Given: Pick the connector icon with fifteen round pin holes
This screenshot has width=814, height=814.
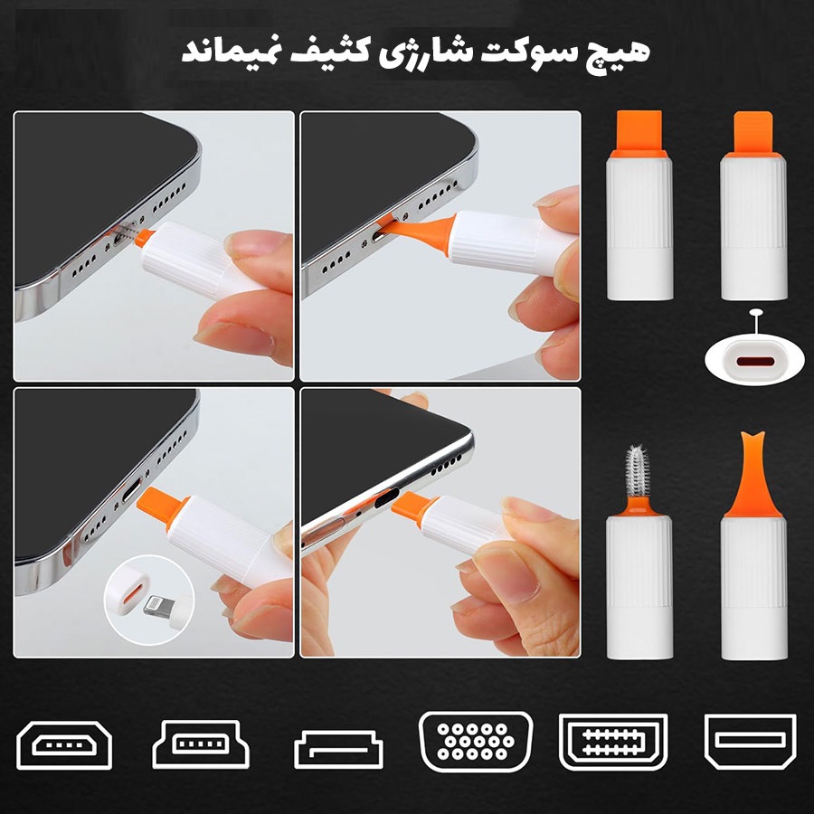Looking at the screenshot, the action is (476, 742).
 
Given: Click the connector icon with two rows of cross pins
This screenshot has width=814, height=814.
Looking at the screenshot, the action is (613, 742).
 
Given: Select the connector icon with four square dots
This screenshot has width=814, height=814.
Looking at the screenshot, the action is (64, 745).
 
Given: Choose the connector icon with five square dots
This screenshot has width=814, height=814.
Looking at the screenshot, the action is (201, 744).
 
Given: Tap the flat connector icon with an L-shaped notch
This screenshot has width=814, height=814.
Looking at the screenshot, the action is (338, 749).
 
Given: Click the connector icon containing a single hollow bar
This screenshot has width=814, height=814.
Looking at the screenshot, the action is (750, 742).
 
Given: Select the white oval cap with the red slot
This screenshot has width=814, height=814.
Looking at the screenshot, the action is (755, 359).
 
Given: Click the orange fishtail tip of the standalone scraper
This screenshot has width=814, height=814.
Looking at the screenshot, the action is (752, 473).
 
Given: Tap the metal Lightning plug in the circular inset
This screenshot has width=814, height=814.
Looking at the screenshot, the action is (158, 605).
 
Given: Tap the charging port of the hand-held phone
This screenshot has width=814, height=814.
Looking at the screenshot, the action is (388, 499).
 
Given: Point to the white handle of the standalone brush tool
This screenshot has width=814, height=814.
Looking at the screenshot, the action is (639, 588).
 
